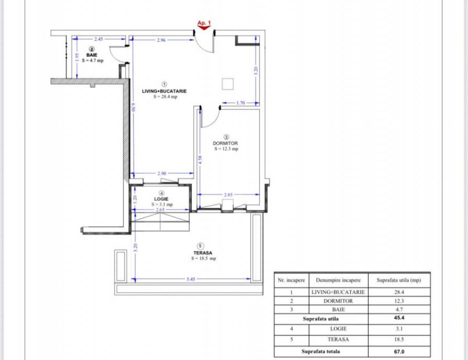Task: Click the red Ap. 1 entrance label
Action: coord(204,22)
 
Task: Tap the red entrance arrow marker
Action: coord(204,28)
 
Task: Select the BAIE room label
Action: coord(92,55)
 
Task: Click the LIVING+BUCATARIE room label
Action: coord(164,91)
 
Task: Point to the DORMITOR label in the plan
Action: coord(225,143)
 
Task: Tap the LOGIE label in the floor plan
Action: coord(161,199)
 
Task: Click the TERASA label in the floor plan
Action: coord(203,253)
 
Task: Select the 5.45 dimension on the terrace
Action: coord(191,279)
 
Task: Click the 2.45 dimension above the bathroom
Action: coord(98,39)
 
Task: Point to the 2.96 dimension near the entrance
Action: coord(161,40)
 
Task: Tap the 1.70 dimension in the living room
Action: coord(241,103)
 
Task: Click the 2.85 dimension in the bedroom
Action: coord(228,195)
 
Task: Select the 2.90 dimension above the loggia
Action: coord(162,173)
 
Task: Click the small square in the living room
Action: coord(228,84)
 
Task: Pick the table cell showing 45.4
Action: coord(399,318)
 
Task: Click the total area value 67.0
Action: coord(399,352)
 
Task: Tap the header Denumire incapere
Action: coord(338,280)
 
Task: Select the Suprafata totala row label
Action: coord(321,351)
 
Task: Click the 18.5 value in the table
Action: coord(399,340)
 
